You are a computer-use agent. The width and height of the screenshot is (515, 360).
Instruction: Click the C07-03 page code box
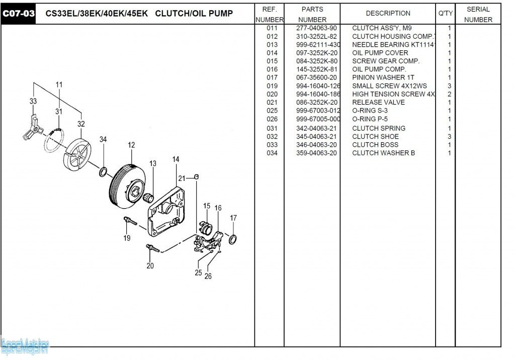click(x=19, y=14)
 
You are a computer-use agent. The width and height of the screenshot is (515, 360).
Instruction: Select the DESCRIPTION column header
click(x=388, y=14)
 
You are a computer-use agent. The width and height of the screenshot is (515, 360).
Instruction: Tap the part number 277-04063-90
click(x=316, y=28)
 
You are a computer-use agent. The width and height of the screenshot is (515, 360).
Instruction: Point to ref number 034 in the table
click(x=272, y=153)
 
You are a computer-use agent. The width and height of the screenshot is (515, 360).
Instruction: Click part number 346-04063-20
click(x=316, y=145)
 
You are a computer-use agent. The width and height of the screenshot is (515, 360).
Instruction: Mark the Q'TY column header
click(x=446, y=14)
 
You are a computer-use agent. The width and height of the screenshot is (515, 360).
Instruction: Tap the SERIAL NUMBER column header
click(x=478, y=14)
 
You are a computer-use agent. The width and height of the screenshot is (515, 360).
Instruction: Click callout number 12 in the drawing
click(x=131, y=145)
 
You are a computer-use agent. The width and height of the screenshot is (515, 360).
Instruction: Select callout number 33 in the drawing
click(x=33, y=101)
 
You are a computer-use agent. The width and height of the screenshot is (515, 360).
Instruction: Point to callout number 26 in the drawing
click(x=208, y=276)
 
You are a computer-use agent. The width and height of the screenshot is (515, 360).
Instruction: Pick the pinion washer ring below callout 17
click(x=233, y=238)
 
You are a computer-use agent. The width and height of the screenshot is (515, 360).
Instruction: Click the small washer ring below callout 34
click(x=102, y=172)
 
